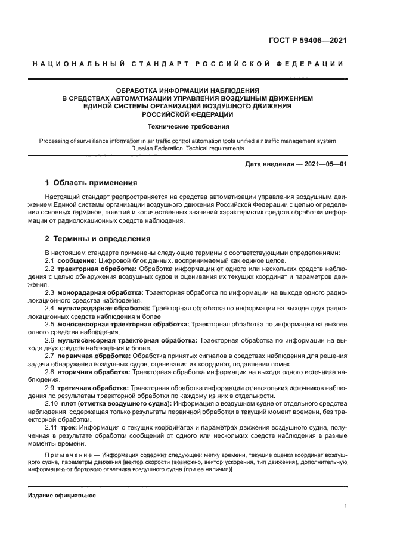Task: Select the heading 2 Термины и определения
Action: point(98,239)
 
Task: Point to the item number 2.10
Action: point(51,403)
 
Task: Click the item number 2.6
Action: point(49,340)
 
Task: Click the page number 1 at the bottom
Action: point(346,506)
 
